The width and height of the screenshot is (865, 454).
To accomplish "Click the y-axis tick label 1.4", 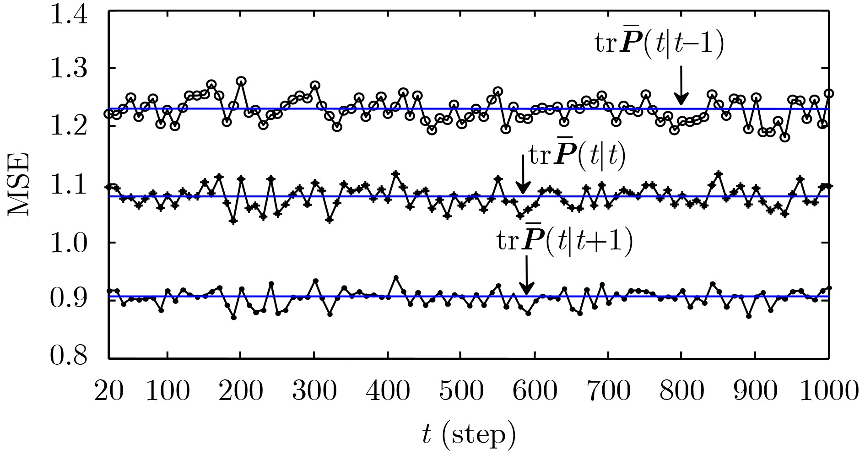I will [69, 15].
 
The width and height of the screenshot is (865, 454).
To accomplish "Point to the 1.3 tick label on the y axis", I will [69, 70].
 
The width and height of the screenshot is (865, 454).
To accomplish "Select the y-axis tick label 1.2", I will [69, 127].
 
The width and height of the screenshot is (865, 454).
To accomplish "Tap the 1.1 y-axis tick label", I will [69, 185].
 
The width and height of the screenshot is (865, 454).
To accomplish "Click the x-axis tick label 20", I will [109, 391].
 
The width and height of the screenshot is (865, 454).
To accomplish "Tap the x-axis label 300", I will [314, 391].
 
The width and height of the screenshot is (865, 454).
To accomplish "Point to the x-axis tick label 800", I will [681, 391].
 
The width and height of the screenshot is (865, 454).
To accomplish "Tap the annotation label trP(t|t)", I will [577, 158].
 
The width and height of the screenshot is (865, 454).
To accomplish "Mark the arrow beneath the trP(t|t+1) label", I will [527, 275].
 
